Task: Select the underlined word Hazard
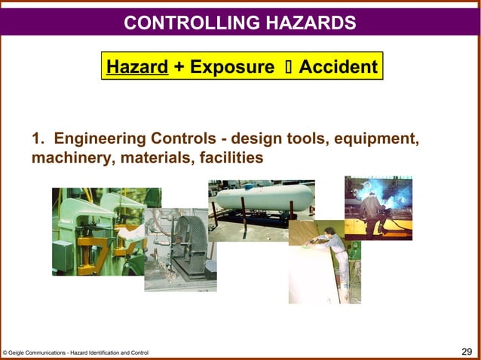coord(137,67)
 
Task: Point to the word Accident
coord(338,67)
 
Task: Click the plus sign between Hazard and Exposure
coord(179,67)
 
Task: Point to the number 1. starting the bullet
coord(39,139)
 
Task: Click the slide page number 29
coord(467,351)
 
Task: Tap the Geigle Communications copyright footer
coord(75,352)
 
